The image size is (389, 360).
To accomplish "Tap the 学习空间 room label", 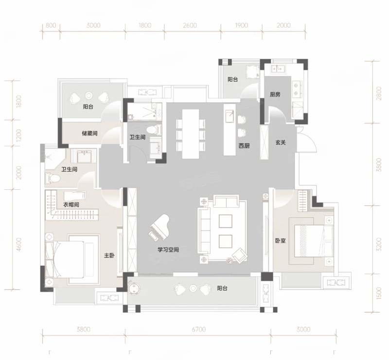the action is pyautogui.click(x=168, y=250).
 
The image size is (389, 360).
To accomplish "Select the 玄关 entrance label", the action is pyautogui.click(x=281, y=143).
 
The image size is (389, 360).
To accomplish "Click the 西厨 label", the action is pyautogui.click(x=244, y=146).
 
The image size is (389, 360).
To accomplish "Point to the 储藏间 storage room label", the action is pyautogui.click(x=89, y=133).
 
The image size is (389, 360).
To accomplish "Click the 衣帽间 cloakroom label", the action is pyautogui.click(x=71, y=205).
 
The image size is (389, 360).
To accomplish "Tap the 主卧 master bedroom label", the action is pyautogui.click(x=109, y=255).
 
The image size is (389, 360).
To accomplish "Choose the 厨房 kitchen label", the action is pyautogui.click(x=275, y=94).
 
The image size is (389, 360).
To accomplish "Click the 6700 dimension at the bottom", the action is pyautogui.click(x=199, y=329).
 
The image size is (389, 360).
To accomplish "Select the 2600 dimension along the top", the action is pyautogui.click(x=190, y=25).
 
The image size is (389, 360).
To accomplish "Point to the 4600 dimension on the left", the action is pyautogui.click(x=19, y=245).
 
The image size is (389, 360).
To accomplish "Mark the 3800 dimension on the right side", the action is pyautogui.click(x=378, y=164).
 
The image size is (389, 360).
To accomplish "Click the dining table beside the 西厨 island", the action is pyautogui.click(x=191, y=134).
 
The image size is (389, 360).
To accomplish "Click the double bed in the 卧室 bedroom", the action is pyautogui.click(x=313, y=241).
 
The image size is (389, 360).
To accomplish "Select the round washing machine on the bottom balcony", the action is pyautogui.click(x=134, y=288).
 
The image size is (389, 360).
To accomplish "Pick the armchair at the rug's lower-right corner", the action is pyautogui.click(x=239, y=255).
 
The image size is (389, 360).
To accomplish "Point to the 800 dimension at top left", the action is pyautogui.click(x=51, y=25).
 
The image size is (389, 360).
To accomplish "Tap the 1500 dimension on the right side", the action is pyautogui.click(x=378, y=293).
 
